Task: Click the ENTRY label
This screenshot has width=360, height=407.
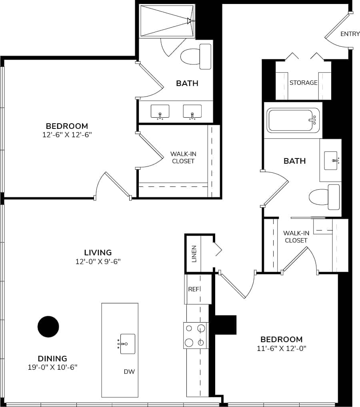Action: [350, 34]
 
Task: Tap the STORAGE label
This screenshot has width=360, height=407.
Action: [303, 83]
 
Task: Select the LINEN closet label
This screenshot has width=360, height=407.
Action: [194, 254]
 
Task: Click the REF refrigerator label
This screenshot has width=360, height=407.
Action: [194, 289]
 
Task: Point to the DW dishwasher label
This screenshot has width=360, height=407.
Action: [129, 372]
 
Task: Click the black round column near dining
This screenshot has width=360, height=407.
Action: [48, 327]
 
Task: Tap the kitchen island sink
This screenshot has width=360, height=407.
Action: [127, 344]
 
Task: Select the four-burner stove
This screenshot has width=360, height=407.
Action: [196, 335]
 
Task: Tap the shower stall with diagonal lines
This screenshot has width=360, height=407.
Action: [167, 21]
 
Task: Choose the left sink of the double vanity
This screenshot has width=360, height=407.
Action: [160, 112]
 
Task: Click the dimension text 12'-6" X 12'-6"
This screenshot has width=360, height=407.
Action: [67, 135]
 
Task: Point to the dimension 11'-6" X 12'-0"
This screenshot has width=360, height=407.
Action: [282, 349]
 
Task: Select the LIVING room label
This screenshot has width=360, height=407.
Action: [98, 253]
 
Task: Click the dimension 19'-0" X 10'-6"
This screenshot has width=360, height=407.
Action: [52, 367]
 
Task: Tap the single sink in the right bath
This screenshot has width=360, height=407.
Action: [331, 160]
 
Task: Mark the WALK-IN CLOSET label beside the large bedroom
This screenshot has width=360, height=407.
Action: [183, 157]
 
